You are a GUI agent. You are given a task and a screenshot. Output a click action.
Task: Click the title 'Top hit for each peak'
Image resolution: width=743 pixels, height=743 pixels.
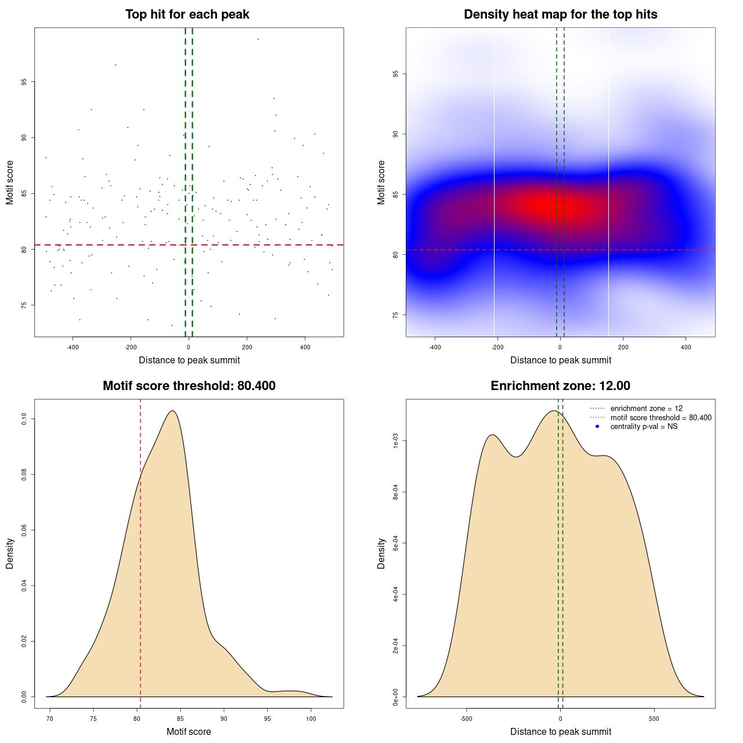coord(187,15)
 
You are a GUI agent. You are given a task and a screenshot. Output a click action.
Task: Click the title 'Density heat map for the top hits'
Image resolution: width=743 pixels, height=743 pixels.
coord(560,15)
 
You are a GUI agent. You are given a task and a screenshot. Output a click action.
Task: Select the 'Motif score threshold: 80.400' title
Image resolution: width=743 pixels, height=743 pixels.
coord(189,386)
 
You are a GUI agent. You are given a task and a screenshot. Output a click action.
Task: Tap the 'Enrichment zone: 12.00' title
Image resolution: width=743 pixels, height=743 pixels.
coord(560,386)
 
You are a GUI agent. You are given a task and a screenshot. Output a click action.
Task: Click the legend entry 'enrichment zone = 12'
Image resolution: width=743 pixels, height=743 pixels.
coord(646,409)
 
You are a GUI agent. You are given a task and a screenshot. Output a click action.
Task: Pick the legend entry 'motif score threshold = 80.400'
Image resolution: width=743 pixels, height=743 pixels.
coord(661,418)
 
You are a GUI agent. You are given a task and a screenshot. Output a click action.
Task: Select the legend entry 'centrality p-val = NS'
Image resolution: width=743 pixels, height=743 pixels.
coord(644,427)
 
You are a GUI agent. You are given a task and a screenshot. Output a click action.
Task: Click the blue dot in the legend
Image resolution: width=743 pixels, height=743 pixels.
coord(597,427)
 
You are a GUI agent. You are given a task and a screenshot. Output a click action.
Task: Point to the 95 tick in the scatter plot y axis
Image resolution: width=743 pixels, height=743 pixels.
coord(24,82)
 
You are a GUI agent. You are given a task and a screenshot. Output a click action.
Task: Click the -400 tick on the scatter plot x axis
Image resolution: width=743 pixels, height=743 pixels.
coord(73,347)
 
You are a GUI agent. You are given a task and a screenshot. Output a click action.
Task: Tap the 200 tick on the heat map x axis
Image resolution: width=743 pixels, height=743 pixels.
coord(623,347)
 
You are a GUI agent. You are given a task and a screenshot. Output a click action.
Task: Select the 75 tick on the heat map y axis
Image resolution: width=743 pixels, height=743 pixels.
coord(395,315)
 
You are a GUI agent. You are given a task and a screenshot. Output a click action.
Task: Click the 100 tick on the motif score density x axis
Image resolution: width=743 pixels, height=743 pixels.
coord(311,719)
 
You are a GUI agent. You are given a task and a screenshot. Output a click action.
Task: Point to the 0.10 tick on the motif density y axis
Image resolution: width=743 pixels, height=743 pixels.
coord(24,419)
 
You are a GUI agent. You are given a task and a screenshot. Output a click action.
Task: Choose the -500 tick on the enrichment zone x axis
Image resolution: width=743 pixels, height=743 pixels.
coord(466,719)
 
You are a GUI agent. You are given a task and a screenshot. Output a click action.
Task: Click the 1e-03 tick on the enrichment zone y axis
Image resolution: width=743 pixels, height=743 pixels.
coord(395,441)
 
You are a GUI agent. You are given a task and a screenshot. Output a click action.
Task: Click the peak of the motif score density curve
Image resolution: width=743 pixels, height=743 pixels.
coord(172,411)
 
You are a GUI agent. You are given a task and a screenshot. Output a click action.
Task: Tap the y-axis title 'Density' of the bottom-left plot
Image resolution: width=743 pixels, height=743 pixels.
coord(10,554)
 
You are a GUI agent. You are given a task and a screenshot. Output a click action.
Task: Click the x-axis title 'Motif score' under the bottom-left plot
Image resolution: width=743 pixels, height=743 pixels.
coord(189,731)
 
